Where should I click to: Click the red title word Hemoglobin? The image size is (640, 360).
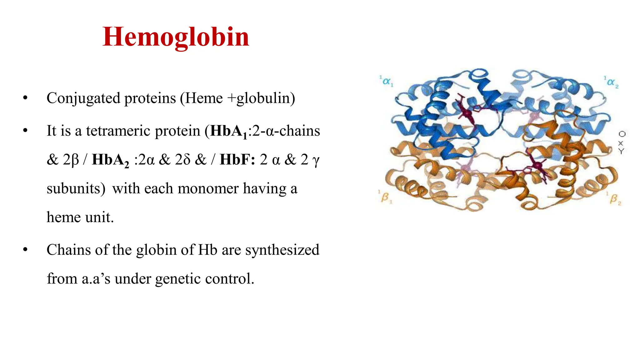176,37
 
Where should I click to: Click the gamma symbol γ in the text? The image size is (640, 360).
316,160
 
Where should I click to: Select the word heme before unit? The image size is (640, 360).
64,217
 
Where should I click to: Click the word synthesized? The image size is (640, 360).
282,250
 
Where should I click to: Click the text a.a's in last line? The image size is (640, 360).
96,278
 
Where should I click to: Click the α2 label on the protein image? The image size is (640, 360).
612,82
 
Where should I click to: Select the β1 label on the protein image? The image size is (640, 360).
385,197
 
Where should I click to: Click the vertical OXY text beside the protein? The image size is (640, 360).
622,142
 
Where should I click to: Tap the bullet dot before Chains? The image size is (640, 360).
25,250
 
